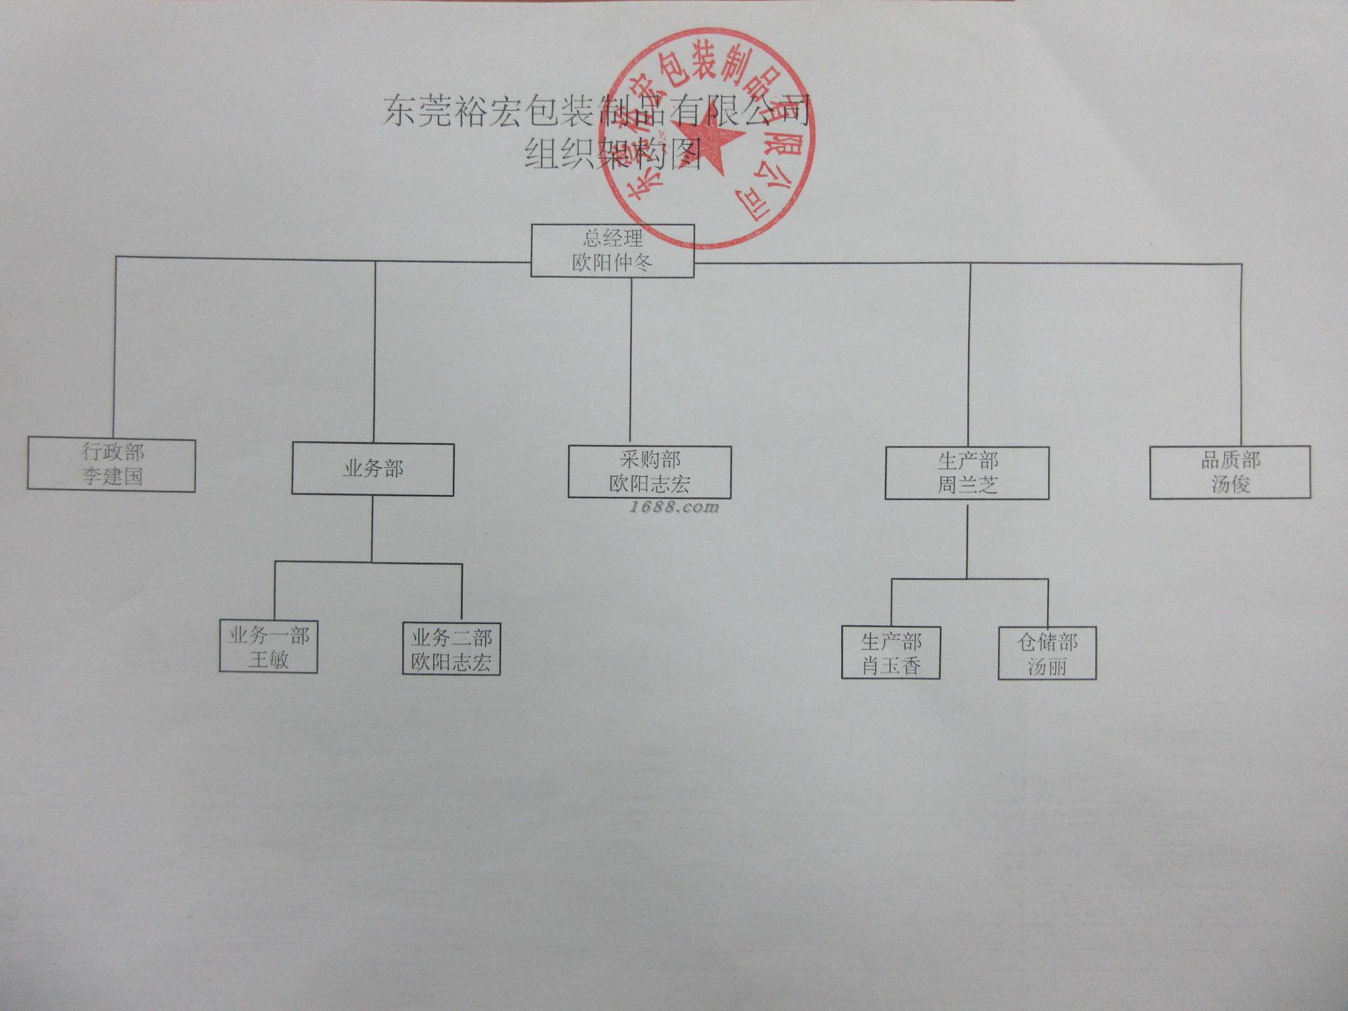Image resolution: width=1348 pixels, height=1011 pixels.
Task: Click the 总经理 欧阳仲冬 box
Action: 612,250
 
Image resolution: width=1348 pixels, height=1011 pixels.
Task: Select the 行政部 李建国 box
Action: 111,465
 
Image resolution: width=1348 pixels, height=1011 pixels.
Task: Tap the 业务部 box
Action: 373,469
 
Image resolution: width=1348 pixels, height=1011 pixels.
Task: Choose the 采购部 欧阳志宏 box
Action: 650,472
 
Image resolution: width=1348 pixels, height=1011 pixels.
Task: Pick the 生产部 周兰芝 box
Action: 967,473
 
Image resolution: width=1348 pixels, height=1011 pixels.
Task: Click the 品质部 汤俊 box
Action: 1230,472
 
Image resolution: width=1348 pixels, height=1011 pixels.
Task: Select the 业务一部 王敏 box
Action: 269,648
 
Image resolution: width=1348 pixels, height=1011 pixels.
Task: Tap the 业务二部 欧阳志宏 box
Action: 452,649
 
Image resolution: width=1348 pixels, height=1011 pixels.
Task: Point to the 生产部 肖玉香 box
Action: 891,654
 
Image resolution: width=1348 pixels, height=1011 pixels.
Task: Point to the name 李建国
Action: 113,477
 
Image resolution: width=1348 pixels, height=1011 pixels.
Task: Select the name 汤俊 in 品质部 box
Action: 1230,484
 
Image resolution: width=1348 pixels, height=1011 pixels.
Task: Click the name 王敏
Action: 269,660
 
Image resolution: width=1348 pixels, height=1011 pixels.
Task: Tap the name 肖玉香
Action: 891,666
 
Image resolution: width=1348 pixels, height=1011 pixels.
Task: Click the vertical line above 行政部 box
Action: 115,349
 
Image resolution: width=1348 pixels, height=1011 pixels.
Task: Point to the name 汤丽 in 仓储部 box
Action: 1047,667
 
